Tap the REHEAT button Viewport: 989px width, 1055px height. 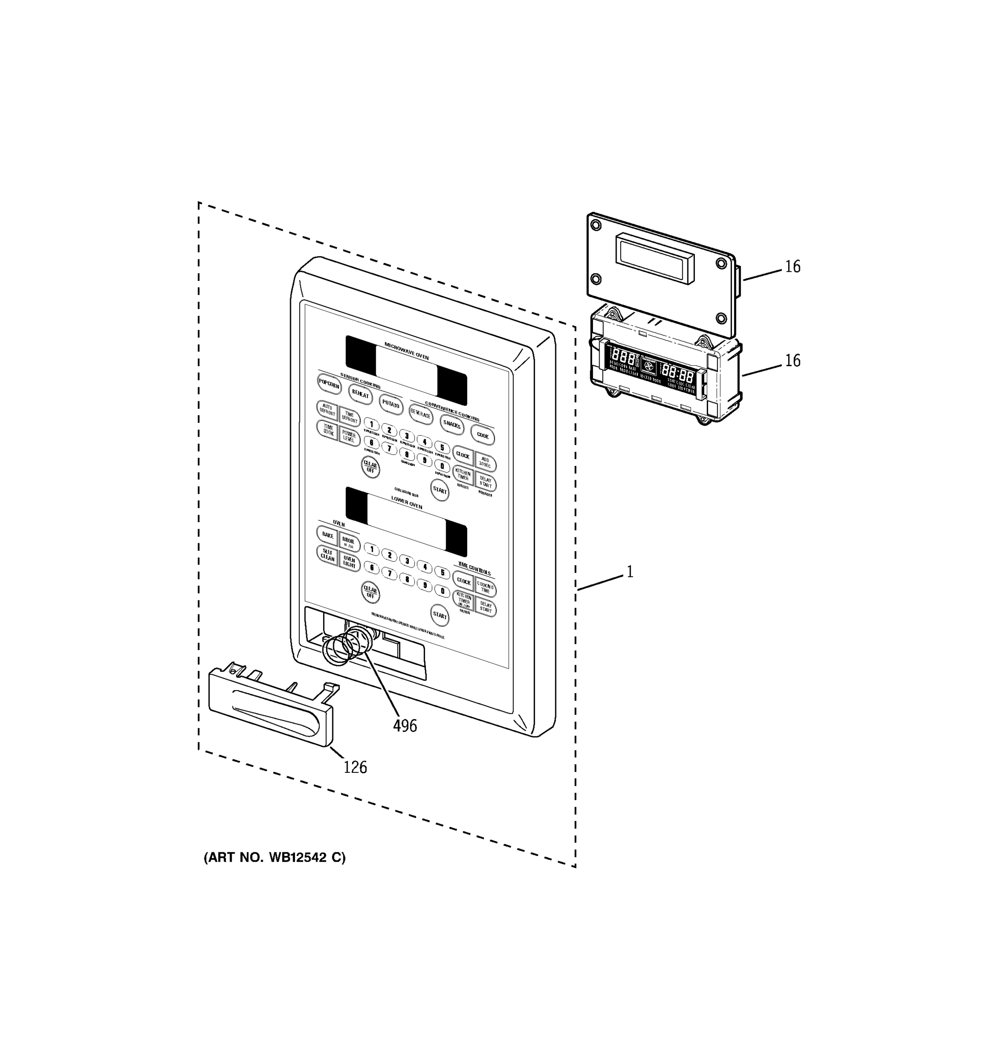[360, 394]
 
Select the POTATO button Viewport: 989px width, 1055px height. [391, 405]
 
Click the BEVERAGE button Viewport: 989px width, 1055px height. [421, 415]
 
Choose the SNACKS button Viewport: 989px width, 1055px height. [452, 425]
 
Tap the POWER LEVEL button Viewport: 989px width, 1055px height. [349, 437]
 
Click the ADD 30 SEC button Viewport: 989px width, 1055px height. [485, 462]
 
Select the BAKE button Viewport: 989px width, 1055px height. [327, 535]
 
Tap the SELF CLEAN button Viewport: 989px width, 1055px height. [327, 555]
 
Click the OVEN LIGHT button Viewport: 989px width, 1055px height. [349, 562]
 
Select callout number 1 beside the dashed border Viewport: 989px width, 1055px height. [630, 572]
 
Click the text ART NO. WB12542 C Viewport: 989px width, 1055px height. [274, 858]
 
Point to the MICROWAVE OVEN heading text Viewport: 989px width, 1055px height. [407, 351]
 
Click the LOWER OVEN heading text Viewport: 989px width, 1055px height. [407, 502]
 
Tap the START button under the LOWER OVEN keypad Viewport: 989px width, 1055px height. [440, 615]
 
